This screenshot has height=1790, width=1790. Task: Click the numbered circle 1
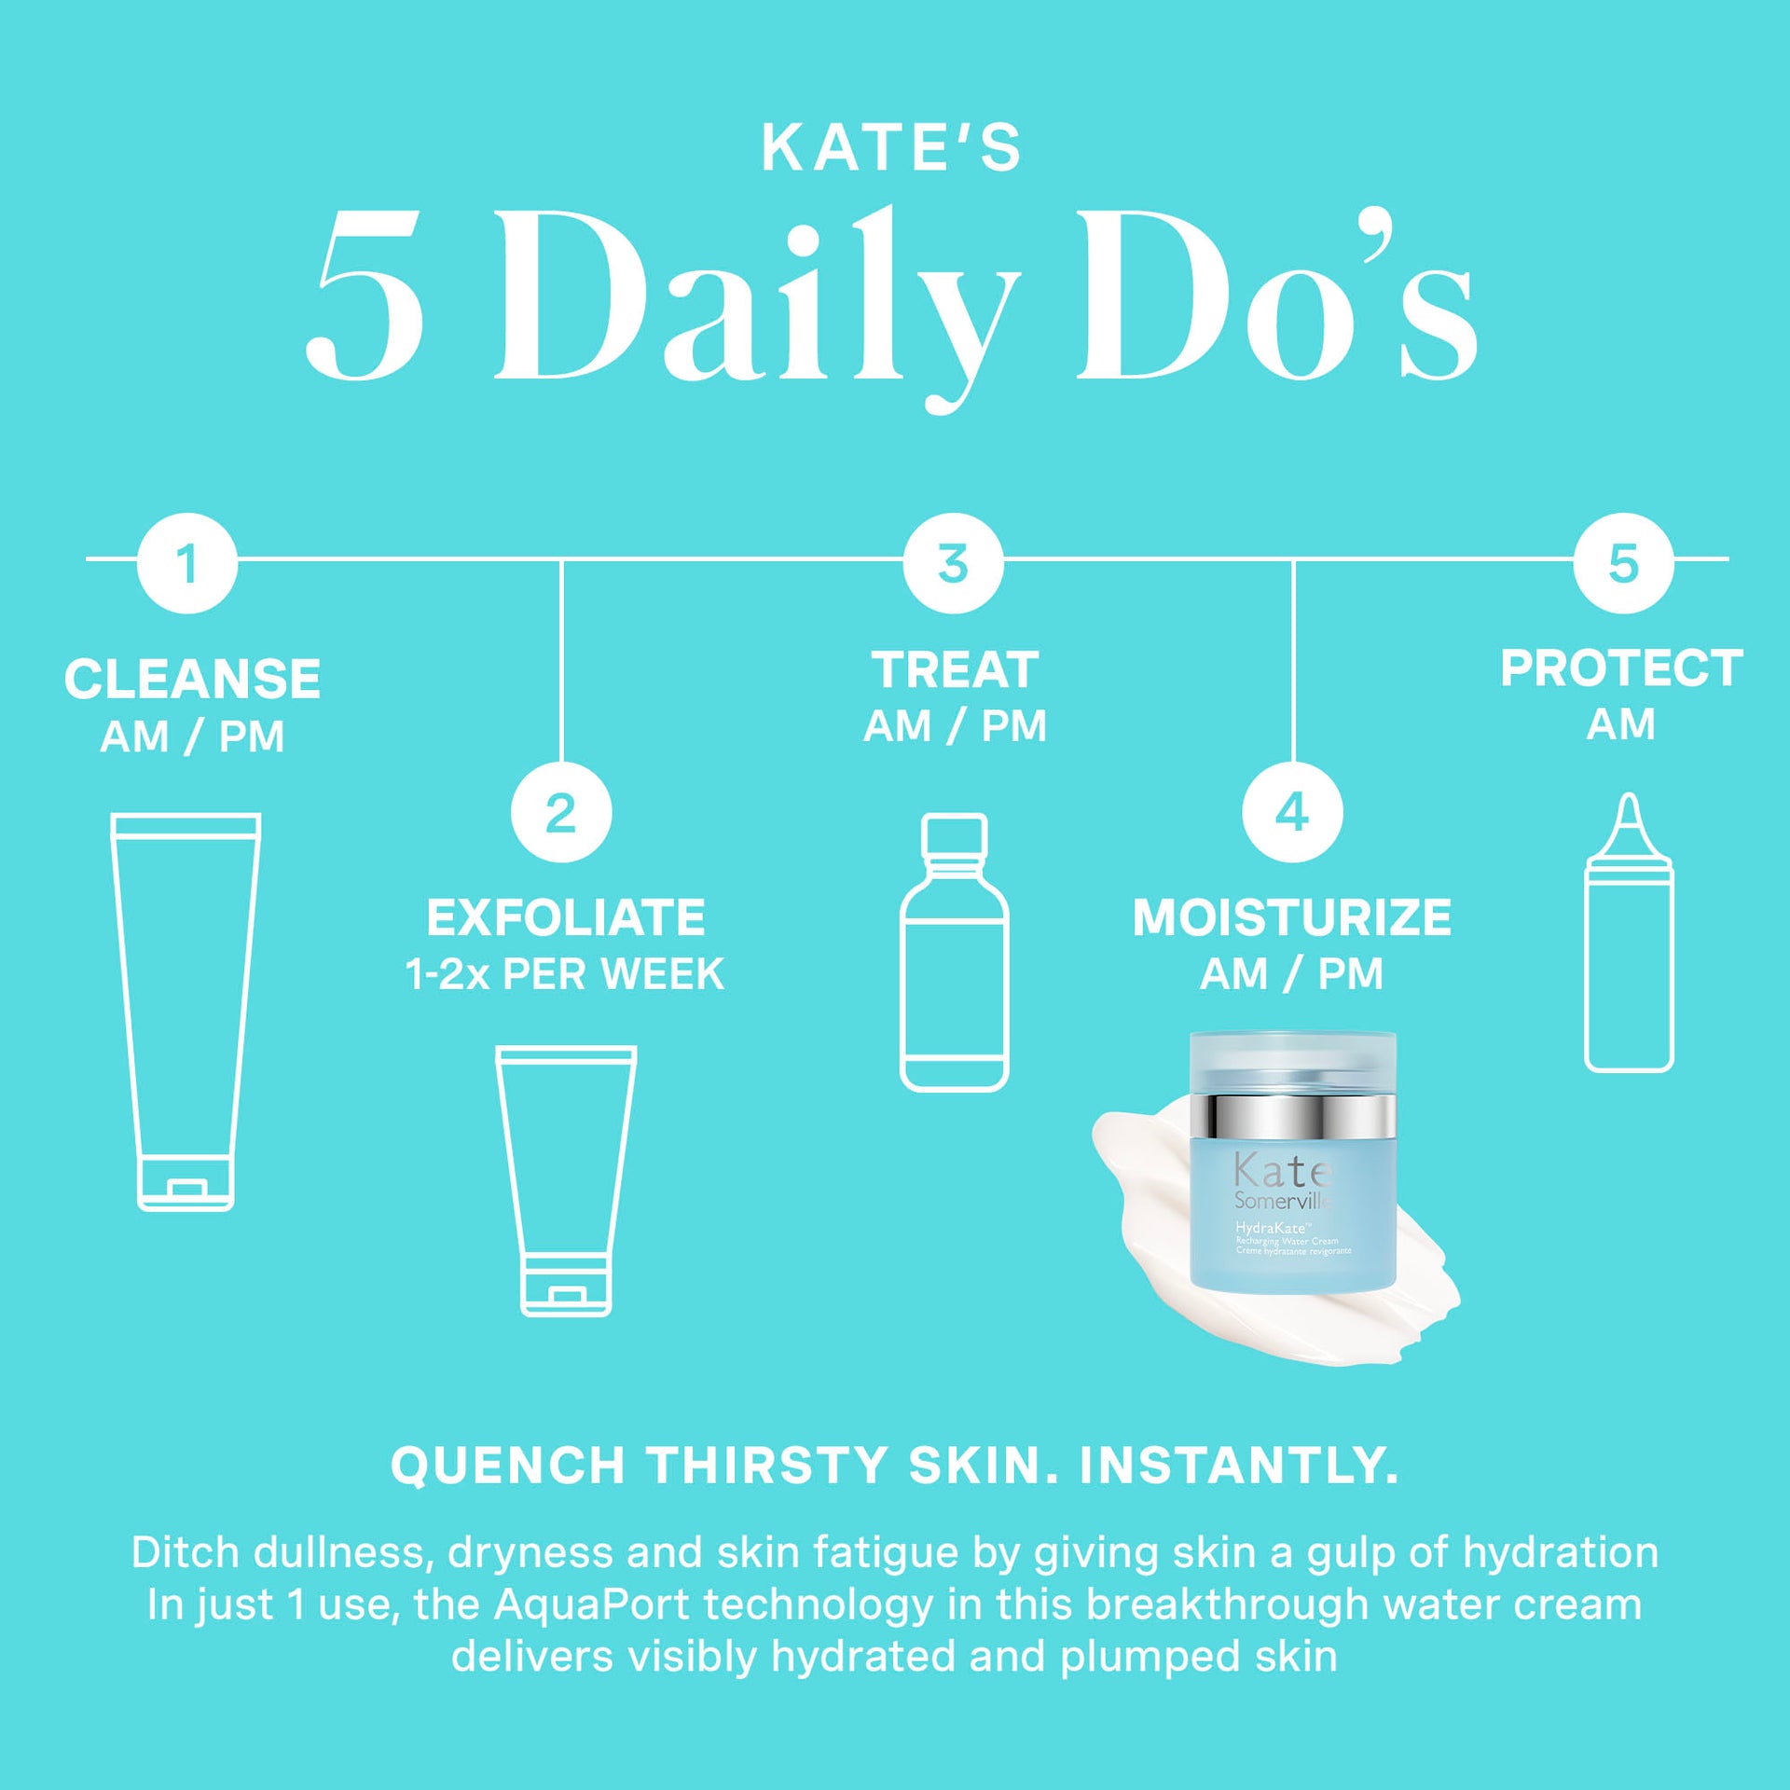click(187, 563)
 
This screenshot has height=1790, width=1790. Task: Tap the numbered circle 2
click(561, 812)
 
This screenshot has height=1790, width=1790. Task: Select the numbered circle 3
click(953, 563)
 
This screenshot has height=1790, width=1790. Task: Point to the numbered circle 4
click(1292, 812)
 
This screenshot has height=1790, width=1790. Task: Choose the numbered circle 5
click(1623, 563)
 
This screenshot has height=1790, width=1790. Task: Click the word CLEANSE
click(192, 679)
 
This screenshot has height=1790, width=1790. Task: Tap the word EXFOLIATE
click(566, 917)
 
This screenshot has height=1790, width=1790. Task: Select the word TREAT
click(955, 669)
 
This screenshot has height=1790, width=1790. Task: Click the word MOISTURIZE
click(1292, 917)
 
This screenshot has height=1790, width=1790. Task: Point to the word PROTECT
click(1621, 668)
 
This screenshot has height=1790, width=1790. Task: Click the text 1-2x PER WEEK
click(565, 974)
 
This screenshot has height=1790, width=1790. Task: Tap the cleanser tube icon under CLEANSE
click(186, 1011)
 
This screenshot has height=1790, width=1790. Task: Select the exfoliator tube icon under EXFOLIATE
click(566, 1179)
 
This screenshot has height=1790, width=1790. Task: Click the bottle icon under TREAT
click(954, 952)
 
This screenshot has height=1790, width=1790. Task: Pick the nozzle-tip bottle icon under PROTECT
click(1629, 932)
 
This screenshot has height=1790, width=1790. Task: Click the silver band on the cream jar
click(1292, 1116)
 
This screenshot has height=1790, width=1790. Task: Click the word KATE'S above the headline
click(891, 148)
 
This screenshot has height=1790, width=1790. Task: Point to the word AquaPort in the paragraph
click(591, 1605)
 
